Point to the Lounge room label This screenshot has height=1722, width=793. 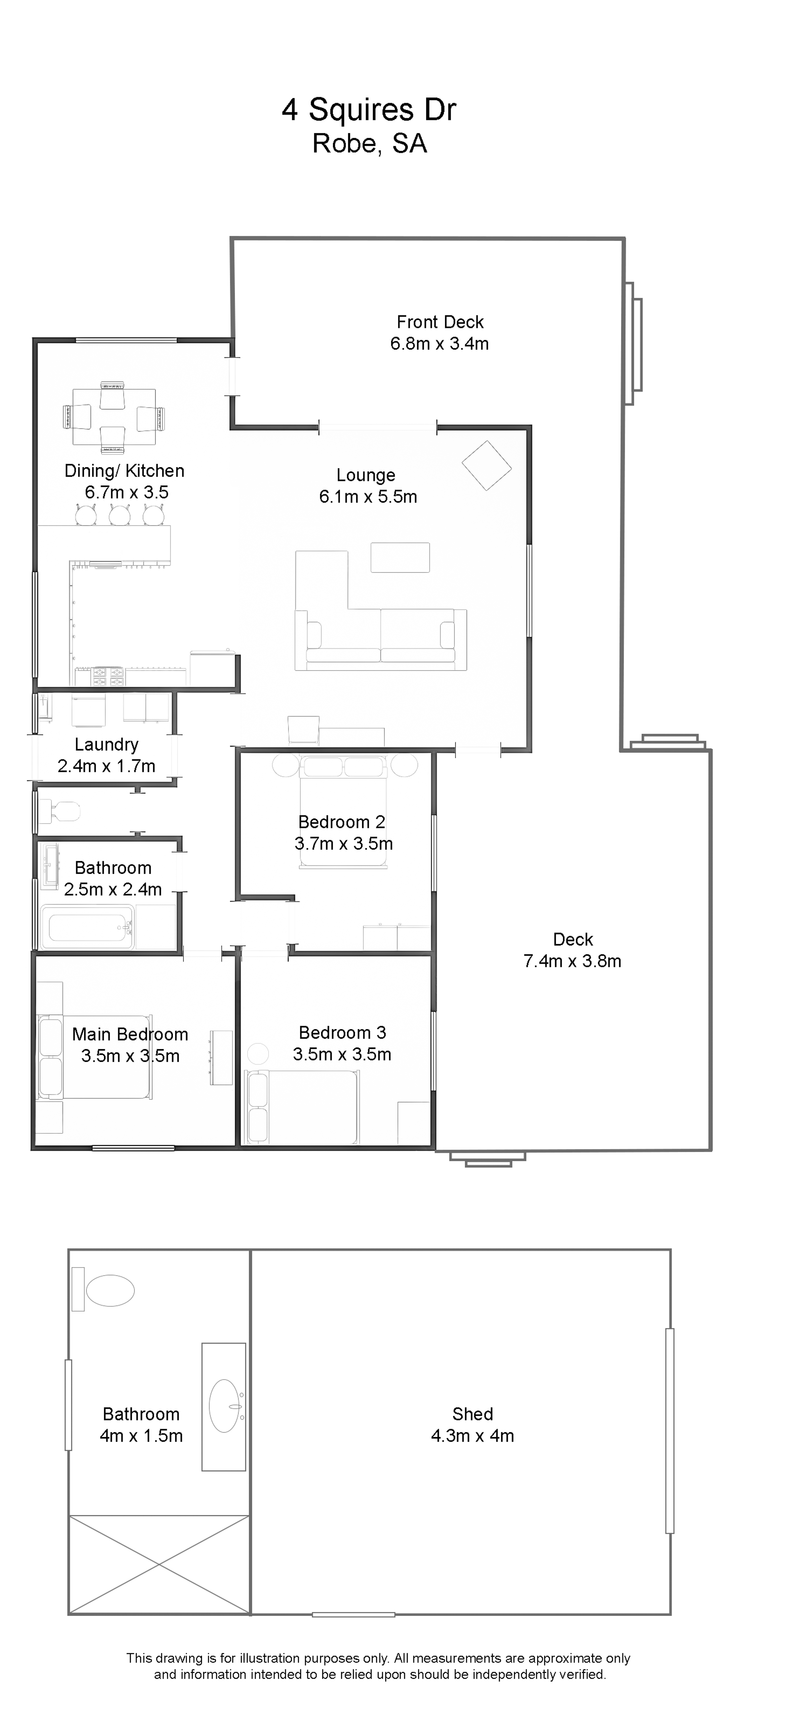(x=366, y=475)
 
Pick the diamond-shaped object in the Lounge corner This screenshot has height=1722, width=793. (x=487, y=466)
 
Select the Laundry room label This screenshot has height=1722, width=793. (x=106, y=745)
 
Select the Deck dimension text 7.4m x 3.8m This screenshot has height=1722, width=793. (x=572, y=961)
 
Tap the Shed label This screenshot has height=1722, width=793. (x=473, y=1414)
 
